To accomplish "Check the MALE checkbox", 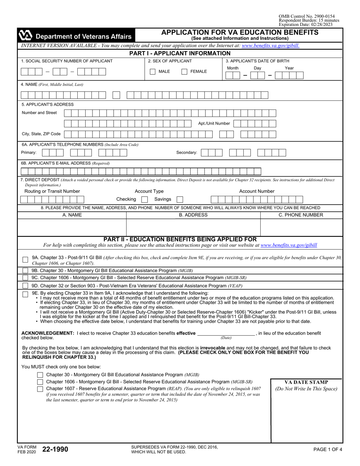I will [152, 72].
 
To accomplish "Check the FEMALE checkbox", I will [184, 72].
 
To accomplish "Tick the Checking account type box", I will [144, 199].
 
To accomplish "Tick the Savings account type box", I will [180, 199].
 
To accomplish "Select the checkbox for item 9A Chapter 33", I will [25, 260].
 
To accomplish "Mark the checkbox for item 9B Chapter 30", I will [25, 271].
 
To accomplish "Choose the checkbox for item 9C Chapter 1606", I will [25, 278].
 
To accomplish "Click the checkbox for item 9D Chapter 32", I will [25, 286].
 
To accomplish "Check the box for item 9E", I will [25, 294].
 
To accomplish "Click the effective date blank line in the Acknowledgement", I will [226, 334].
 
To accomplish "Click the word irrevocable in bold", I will [210, 347].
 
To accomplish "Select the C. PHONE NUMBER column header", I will [301, 215].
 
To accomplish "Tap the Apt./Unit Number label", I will [214, 123].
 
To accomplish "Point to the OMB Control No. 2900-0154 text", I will [307, 16].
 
